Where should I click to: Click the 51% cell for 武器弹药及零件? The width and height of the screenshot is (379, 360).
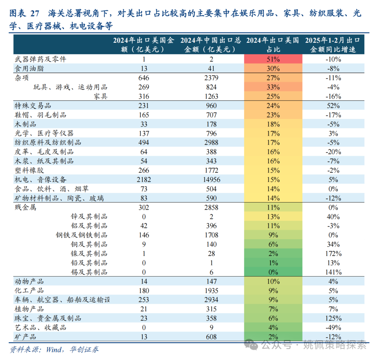point(273,59)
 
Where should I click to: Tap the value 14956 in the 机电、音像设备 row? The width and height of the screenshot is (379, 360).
point(211,180)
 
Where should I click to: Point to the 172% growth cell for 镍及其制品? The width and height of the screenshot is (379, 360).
point(333,254)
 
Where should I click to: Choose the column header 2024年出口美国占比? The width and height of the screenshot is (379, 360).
point(273,45)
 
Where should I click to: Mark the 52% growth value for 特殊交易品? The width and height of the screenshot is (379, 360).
point(333,106)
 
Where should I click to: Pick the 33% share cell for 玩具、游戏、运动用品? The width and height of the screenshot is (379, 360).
point(273,87)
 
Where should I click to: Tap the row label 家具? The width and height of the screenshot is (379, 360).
point(100,96)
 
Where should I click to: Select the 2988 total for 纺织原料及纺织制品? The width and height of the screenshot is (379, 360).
point(211,143)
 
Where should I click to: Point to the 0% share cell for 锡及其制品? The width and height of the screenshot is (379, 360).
point(273,272)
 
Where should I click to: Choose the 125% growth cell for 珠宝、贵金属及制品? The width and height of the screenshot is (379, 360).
point(333,319)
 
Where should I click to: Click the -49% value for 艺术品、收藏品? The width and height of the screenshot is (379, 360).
point(333,328)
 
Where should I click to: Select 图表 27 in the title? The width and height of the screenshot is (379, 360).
point(24,14)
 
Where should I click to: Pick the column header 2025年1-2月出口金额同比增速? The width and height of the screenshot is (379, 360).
point(333,45)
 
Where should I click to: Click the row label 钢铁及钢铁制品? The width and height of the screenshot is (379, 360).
point(82,235)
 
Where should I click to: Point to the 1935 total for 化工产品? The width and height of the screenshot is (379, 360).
point(211,291)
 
